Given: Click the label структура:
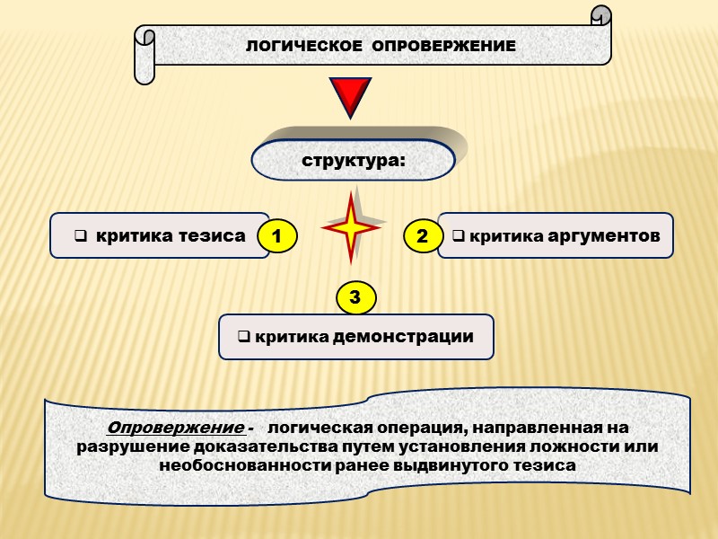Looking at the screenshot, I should [354, 163].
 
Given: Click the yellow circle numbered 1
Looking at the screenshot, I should [277, 237].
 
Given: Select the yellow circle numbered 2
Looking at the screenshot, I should [423, 236].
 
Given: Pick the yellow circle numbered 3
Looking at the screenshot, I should [355, 297].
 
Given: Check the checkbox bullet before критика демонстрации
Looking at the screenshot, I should [242, 338].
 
